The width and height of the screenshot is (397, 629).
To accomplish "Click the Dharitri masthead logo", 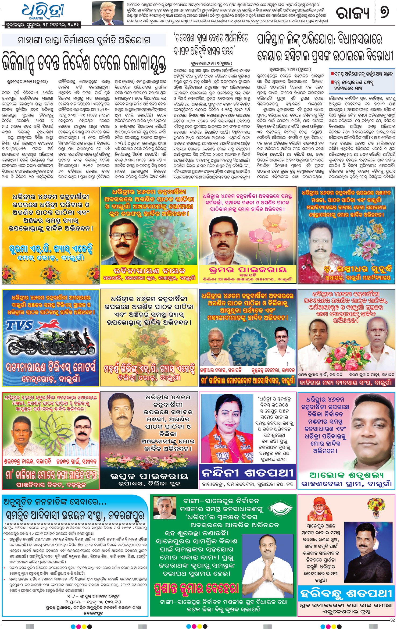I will [43, 11].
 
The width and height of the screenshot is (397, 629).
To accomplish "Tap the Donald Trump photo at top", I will [107, 13].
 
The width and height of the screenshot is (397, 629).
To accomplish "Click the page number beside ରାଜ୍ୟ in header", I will [384, 12].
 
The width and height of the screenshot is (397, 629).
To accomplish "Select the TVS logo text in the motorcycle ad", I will [20, 326].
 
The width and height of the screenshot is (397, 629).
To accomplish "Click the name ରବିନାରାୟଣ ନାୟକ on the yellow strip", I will [149, 270].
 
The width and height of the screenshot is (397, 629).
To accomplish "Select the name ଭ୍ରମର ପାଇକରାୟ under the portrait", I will [248, 269].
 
